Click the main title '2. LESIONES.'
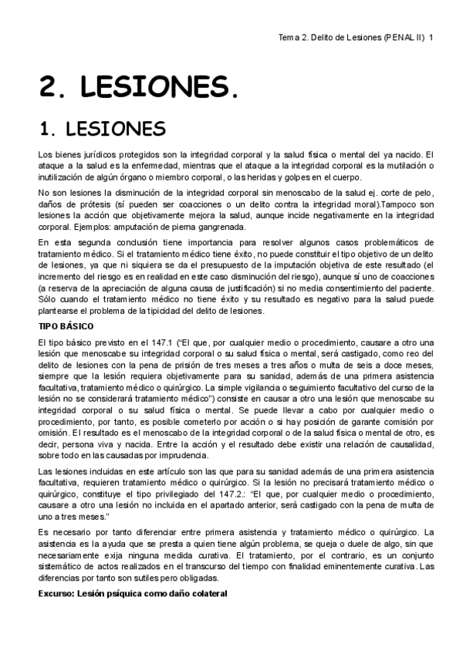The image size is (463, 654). tap(139, 87)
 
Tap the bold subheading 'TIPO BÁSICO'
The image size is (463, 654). tap(66, 326)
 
